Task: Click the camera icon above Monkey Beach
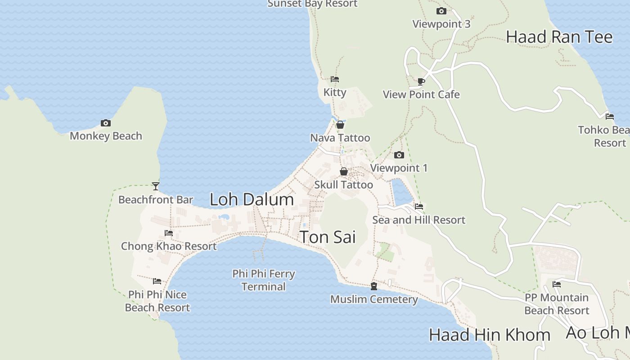click(x=105, y=123)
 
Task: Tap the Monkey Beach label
click(x=106, y=136)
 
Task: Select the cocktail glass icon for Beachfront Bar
click(x=156, y=186)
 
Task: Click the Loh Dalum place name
click(x=252, y=199)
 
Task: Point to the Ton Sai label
click(x=328, y=237)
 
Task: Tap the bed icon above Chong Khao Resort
click(x=169, y=233)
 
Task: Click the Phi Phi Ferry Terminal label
click(x=264, y=280)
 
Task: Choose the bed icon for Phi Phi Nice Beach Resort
click(x=157, y=281)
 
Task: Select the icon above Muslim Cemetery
click(x=373, y=286)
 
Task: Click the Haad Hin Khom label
click(x=489, y=335)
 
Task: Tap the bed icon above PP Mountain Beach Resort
click(x=557, y=284)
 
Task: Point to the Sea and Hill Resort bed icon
click(x=419, y=207)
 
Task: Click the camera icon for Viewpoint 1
click(x=399, y=155)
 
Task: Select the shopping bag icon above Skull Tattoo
click(x=343, y=171)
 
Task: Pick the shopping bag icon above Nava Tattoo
click(x=340, y=125)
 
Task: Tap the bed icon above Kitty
click(x=334, y=79)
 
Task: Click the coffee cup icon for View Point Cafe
click(x=421, y=81)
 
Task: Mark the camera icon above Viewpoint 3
click(x=441, y=11)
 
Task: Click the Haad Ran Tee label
click(x=559, y=37)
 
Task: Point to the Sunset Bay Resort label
click(x=312, y=4)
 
